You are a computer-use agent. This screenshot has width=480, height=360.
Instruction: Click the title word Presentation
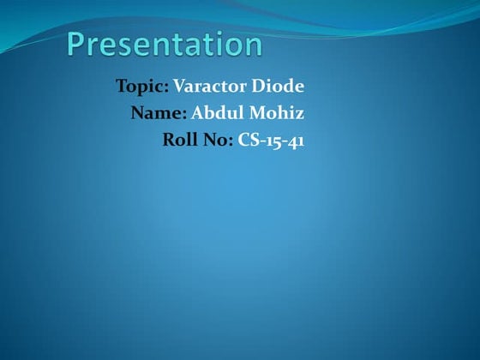click(165, 45)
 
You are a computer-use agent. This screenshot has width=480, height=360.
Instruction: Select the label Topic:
click(142, 87)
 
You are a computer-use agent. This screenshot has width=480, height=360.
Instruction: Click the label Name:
click(159, 113)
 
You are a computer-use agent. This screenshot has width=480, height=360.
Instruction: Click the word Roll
click(178, 140)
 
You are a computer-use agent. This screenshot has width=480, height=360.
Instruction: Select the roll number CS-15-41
click(271, 140)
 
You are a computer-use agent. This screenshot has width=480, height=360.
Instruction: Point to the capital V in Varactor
click(179, 87)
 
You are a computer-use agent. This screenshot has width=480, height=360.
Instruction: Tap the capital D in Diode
click(257, 87)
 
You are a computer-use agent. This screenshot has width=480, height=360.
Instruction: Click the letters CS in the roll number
click(248, 140)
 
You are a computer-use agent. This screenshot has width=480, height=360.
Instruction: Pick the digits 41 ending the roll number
click(295, 140)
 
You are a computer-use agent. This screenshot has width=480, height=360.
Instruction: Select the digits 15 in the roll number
click(272, 140)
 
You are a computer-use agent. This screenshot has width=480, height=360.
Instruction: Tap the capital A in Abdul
click(198, 113)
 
